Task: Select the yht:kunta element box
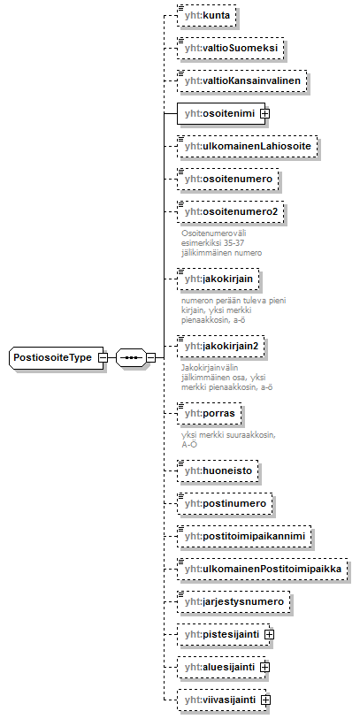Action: pyautogui.click(x=207, y=16)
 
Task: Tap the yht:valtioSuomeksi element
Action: pyautogui.click(x=231, y=48)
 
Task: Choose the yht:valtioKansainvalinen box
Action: pyautogui.click(x=241, y=81)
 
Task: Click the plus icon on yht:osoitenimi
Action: pyautogui.click(x=264, y=113)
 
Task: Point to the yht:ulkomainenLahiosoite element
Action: pyautogui.click(x=248, y=146)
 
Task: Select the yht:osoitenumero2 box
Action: pyautogui.click(x=231, y=212)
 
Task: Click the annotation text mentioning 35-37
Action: pyautogui.click(x=221, y=242)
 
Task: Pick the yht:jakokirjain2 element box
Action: pyautogui.click(x=221, y=346)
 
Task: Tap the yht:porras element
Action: pyautogui.click(x=209, y=414)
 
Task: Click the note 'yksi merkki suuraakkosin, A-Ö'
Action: pyautogui.click(x=228, y=440)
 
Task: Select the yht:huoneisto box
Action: pyautogui.click(x=218, y=470)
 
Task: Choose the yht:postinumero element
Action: pyautogui.click(x=225, y=503)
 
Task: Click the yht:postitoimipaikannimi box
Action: pyautogui.click(x=244, y=536)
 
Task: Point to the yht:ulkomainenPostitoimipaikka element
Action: pyautogui.click(x=263, y=569)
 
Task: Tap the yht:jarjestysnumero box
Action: pyautogui.click(x=234, y=601)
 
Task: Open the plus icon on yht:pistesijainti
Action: pyautogui.click(x=270, y=635)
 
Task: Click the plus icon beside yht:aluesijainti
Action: pyautogui.click(x=264, y=667)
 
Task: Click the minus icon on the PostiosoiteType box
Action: pyautogui.click(x=103, y=357)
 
